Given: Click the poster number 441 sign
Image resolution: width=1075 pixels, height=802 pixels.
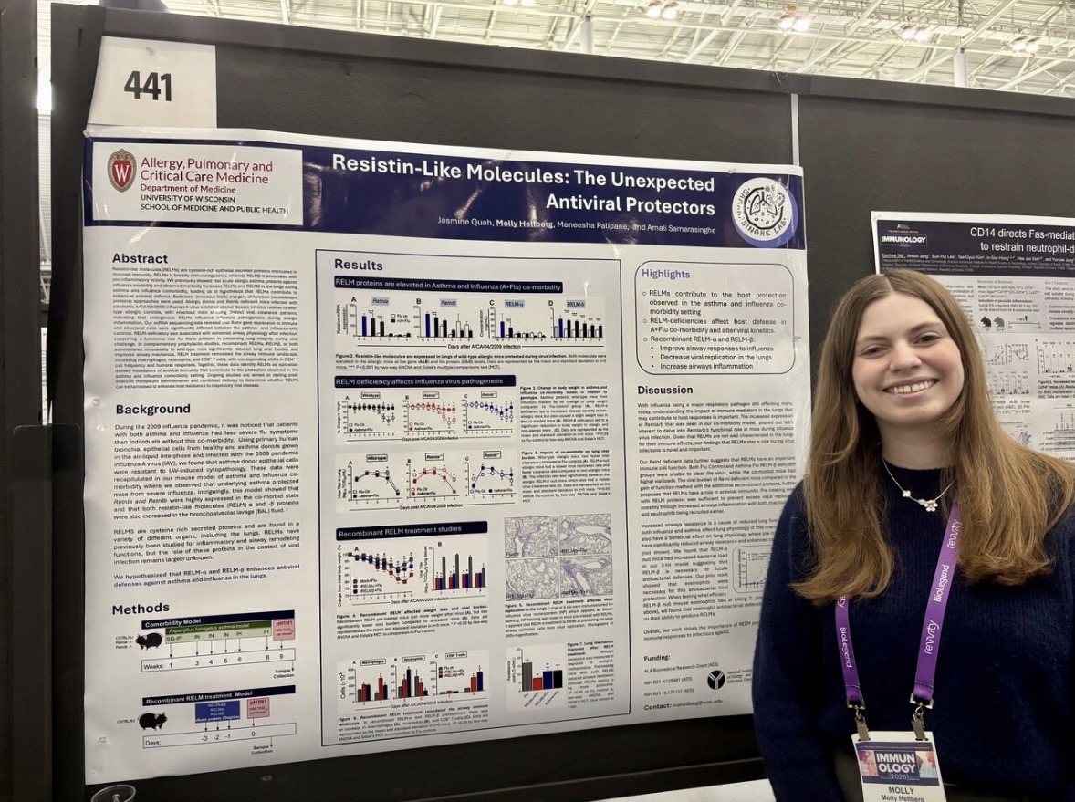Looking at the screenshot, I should click(148, 86).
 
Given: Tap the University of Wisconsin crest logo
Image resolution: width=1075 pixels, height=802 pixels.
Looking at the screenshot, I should click(121, 171).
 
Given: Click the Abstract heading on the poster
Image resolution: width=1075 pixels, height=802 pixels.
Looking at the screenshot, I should click(141, 258).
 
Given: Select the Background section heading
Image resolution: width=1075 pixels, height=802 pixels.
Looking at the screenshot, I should click(152, 409).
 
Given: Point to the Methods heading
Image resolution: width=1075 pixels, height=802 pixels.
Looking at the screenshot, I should click(141, 609).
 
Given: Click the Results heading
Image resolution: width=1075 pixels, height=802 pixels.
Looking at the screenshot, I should click(358, 265).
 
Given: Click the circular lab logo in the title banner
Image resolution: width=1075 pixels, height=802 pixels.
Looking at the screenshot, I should click(764, 213).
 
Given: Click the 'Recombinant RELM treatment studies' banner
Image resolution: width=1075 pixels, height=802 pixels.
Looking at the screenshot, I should click(411, 532).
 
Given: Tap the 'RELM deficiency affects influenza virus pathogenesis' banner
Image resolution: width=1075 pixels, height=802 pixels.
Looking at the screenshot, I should click(424, 380).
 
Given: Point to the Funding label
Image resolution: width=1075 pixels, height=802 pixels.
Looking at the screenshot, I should click(655, 656).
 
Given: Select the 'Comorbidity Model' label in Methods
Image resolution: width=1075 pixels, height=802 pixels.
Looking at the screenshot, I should click(207, 618).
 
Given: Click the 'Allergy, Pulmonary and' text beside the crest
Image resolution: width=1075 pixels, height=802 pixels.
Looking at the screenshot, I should click(205, 165).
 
